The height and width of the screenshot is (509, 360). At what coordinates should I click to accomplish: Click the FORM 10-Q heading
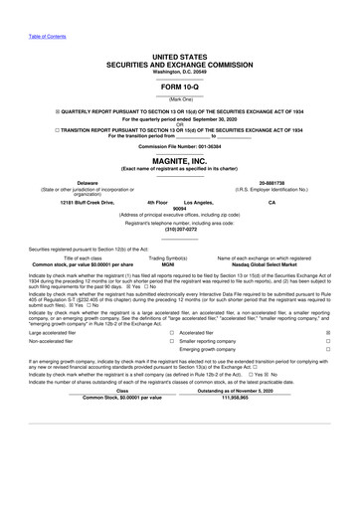click(180, 83)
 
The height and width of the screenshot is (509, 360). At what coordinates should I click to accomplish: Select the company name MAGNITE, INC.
click(180, 159)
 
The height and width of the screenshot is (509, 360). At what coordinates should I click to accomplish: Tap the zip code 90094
click(180, 209)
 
